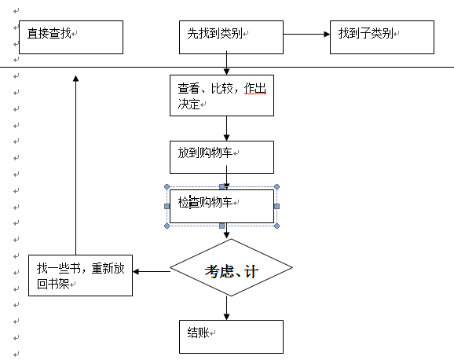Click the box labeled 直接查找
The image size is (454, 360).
(x=71, y=37)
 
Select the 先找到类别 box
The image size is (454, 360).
(x=231, y=37)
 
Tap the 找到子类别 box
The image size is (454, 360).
(x=382, y=37)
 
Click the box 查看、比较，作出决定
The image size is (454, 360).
(x=222, y=96)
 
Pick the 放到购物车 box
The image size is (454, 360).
(x=222, y=157)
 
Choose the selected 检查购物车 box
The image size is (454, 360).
(x=222, y=207)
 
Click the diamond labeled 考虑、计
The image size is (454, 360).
(x=231, y=267)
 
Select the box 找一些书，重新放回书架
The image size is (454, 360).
(x=80, y=275)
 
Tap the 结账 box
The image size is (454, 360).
(x=231, y=336)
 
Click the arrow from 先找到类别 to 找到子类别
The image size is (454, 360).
(x=306, y=35)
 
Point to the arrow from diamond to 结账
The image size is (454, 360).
(x=227, y=308)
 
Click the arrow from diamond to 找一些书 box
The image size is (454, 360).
(x=152, y=272)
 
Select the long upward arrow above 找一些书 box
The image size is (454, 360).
(x=76, y=165)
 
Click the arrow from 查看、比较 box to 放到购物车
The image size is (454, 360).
(x=227, y=129)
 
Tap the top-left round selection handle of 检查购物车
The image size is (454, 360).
(x=167, y=186)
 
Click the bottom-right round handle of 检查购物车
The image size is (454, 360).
(x=276, y=226)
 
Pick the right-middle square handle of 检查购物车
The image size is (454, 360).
(x=276, y=207)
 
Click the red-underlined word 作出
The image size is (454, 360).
(x=254, y=88)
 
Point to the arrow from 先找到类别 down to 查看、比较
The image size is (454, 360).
(x=227, y=63)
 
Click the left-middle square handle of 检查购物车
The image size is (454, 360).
(x=167, y=207)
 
